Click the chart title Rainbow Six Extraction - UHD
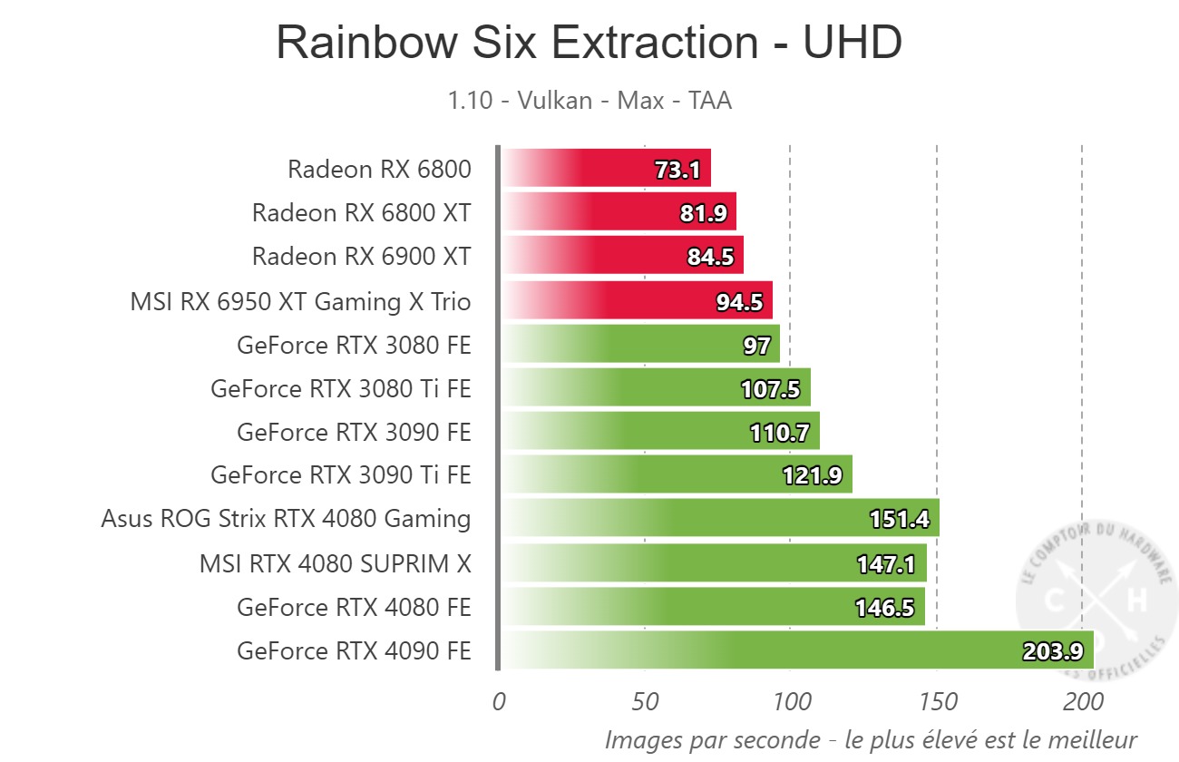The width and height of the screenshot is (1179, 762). [589, 43]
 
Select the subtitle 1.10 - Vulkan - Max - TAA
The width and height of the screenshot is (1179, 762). [589, 100]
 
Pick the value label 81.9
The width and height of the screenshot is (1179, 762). [705, 213]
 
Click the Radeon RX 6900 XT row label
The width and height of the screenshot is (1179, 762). [361, 257]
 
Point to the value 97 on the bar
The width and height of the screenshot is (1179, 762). [756, 346]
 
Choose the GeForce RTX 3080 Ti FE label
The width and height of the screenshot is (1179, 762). [340, 389]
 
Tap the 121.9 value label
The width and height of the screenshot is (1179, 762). [813, 475]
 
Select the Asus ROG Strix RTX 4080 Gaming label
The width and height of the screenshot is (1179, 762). [286, 519]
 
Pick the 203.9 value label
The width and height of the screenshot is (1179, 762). [1053, 651]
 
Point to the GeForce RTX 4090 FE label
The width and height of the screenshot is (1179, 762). [354, 651]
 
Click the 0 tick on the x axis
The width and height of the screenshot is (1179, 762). [498, 703]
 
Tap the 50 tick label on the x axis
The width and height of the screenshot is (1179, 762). [644, 703]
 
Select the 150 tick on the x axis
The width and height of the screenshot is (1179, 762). [937, 703]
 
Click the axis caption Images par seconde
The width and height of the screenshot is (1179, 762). [871, 739]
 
